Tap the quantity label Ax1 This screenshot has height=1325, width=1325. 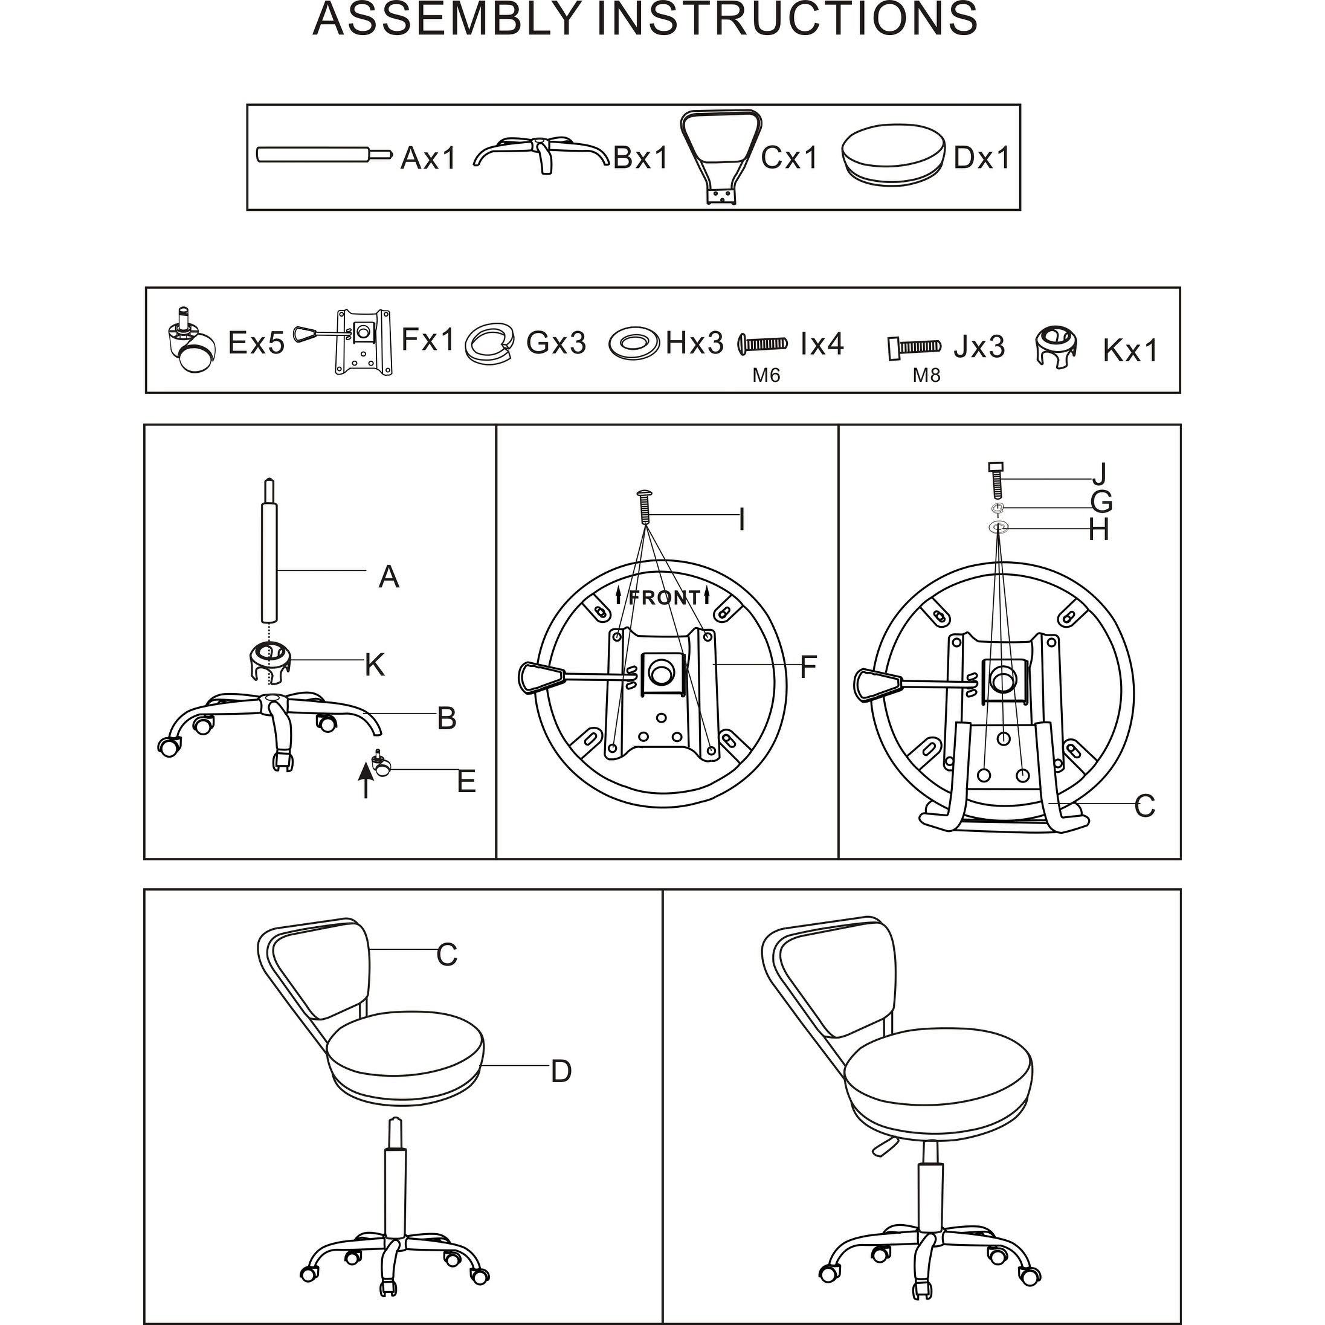428,158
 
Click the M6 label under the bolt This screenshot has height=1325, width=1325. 766,376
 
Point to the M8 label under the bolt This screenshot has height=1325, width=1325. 927,376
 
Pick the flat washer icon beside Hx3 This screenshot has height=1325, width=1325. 634,342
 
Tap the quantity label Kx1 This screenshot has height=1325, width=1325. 1129,351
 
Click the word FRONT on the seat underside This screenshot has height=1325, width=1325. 663,598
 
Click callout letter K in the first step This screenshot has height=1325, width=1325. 375,665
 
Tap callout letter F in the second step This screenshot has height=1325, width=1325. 808,666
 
